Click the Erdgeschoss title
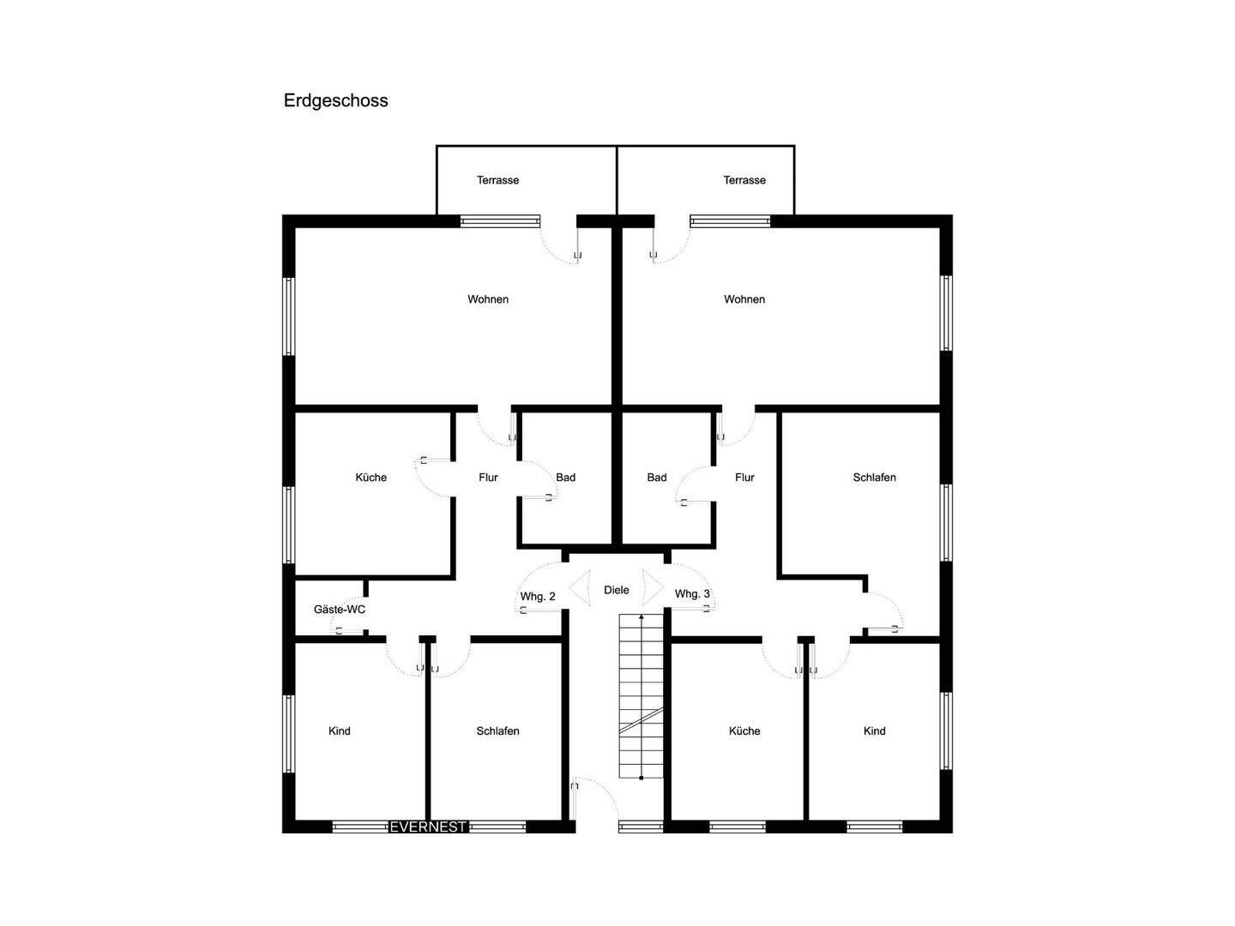(x=335, y=100)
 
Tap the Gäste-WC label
(x=340, y=609)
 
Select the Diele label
(x=616, y=590)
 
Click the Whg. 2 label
(x=538, y=597)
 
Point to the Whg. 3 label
(x=692, y=593)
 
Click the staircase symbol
(x=641, y=696)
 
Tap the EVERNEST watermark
(x=428, y=827)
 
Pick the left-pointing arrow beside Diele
(x=580, y=588)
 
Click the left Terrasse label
(x=498, y=180)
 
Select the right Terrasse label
(x=744, y=180)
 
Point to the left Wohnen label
(x=488, y=299)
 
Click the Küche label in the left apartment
(x=370, y=478)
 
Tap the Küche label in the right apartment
(x=744, y=731)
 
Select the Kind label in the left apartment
(x=340, y=731)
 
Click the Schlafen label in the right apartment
(x=874, y=478)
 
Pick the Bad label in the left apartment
(x=565, y=478)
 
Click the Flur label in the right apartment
(x=744, y=478)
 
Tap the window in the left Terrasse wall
(x=500, y=221)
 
